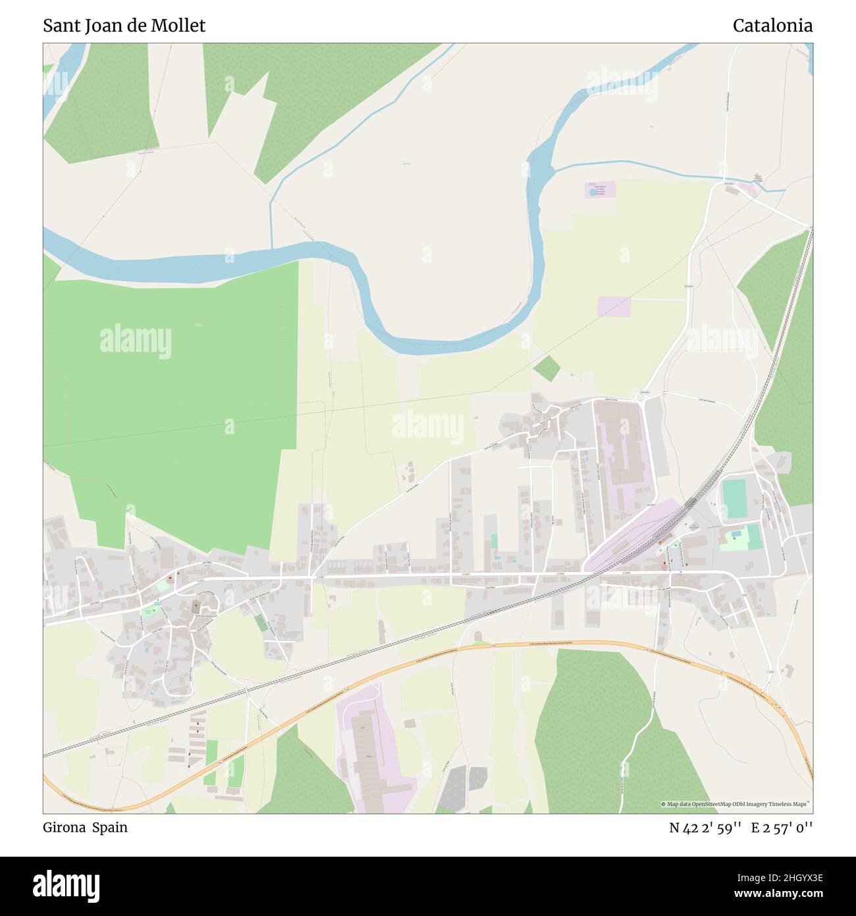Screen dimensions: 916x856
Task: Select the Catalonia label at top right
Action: (772, 26)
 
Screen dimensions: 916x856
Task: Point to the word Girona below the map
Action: (63, 828)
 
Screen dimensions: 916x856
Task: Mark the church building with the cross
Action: (196, 606)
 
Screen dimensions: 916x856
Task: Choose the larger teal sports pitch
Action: (734, 499)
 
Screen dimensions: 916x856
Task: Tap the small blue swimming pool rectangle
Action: (735, 532)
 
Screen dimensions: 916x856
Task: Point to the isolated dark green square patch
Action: (546, 368)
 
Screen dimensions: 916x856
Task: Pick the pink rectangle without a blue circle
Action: (614, 306)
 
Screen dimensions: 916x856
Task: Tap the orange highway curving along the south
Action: (461, 650)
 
